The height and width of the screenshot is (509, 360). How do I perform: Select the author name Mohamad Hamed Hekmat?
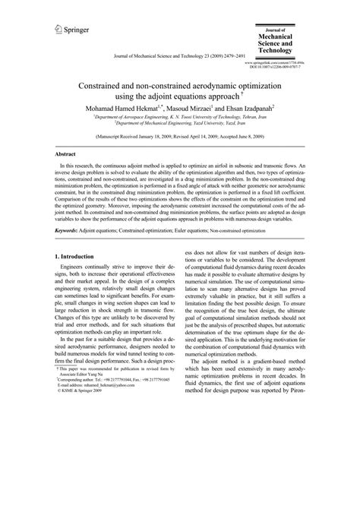pos(115,109)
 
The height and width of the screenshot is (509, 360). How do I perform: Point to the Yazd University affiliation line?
pos(179,125)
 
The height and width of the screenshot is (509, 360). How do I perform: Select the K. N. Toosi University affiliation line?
pos(179,119)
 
